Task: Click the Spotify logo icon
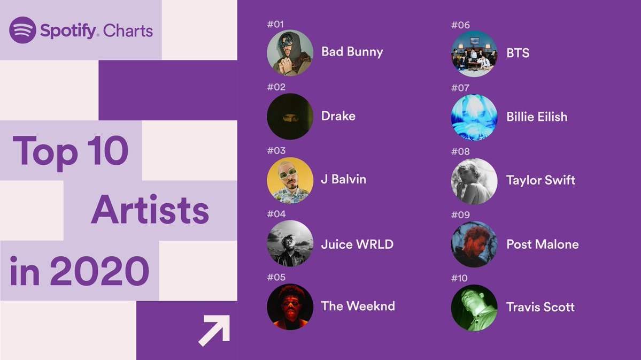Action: click(22, 30)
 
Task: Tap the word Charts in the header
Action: click(128, 31)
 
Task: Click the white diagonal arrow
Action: click(214, 331)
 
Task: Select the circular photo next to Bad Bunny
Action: click(290, 53)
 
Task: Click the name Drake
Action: click(338, 116)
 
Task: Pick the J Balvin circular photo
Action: click(290, 180)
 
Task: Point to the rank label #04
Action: click(276, 214)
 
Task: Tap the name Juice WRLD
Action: click(357, 244)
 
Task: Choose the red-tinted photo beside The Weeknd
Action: click(290, 307)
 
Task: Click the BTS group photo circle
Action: click(474, 53)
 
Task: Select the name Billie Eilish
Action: click(537, 117)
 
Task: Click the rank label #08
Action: click(460, 151)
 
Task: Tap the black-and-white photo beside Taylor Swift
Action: click(474, 181)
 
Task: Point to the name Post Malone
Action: click(542, 244)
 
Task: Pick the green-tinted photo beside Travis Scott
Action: click(474, 308)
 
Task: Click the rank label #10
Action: click(459, 278)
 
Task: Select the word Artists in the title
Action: click(150, 211)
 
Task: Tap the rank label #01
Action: click(275, 24)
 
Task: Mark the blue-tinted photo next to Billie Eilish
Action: click(474, 117)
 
